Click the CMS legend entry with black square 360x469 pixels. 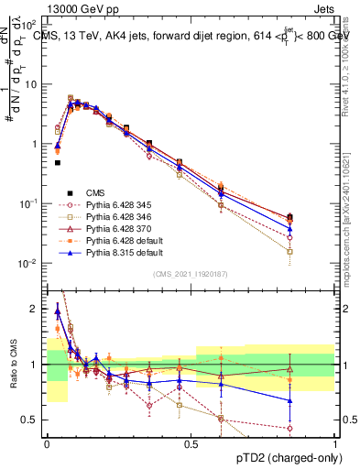pyautogui.click(x=96, y=193)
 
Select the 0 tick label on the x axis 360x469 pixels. pyautogui.click(x=47, y=442)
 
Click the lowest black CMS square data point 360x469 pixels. pyautogui.click(x=57, y=163)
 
